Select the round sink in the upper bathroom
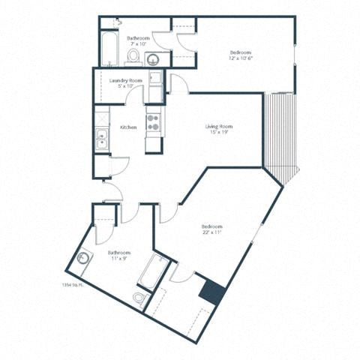153,60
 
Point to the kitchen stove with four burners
153,122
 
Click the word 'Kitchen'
128,127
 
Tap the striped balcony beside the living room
281,139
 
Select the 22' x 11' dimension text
212,233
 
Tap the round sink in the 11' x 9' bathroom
83,259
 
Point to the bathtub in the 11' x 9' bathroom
154,271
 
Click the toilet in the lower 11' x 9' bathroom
140,298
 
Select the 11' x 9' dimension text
119,259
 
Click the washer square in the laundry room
155,78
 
